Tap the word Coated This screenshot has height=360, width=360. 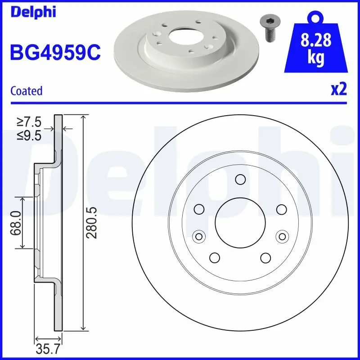(26, 91)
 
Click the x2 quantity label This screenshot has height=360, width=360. (339, 90)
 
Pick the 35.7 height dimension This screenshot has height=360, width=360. (49, 348)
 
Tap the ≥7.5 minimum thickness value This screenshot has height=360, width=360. (29, 122)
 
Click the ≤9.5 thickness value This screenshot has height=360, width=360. (29, 135)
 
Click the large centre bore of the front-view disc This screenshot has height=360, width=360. (240, 223)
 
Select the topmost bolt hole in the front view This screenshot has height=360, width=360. (240, 180)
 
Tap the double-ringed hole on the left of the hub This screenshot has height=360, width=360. (198, 236)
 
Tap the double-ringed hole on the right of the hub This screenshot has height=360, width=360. (282, 236)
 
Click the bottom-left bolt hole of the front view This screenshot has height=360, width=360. (214, 257)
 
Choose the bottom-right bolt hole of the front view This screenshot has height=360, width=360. (265, 257)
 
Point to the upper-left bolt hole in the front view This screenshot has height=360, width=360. (198, 209)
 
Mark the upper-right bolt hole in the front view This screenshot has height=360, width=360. (282, 209)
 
